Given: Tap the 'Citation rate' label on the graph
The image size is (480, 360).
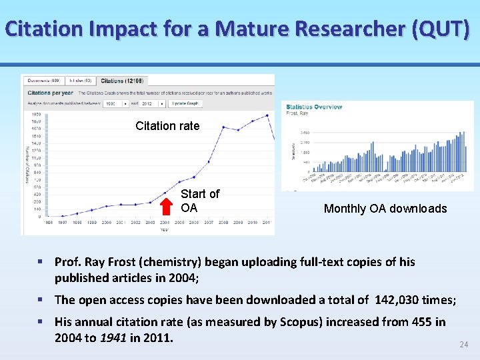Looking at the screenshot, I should [x=167, y=126].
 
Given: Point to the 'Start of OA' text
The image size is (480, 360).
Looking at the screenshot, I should [x=199, y=200].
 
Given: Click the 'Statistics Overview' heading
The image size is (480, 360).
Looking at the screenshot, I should [x=313, y=107].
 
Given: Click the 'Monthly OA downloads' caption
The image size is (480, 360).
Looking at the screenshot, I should [x=385, y=209].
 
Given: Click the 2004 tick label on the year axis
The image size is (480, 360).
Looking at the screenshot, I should [x=165, y=223].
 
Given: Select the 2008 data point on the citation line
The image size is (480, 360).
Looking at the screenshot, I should [x=223, y=127].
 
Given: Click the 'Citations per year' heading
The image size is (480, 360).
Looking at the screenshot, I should [x=51, y=93].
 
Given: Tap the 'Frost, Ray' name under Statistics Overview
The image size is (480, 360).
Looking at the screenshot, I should [x=297, y=114].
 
